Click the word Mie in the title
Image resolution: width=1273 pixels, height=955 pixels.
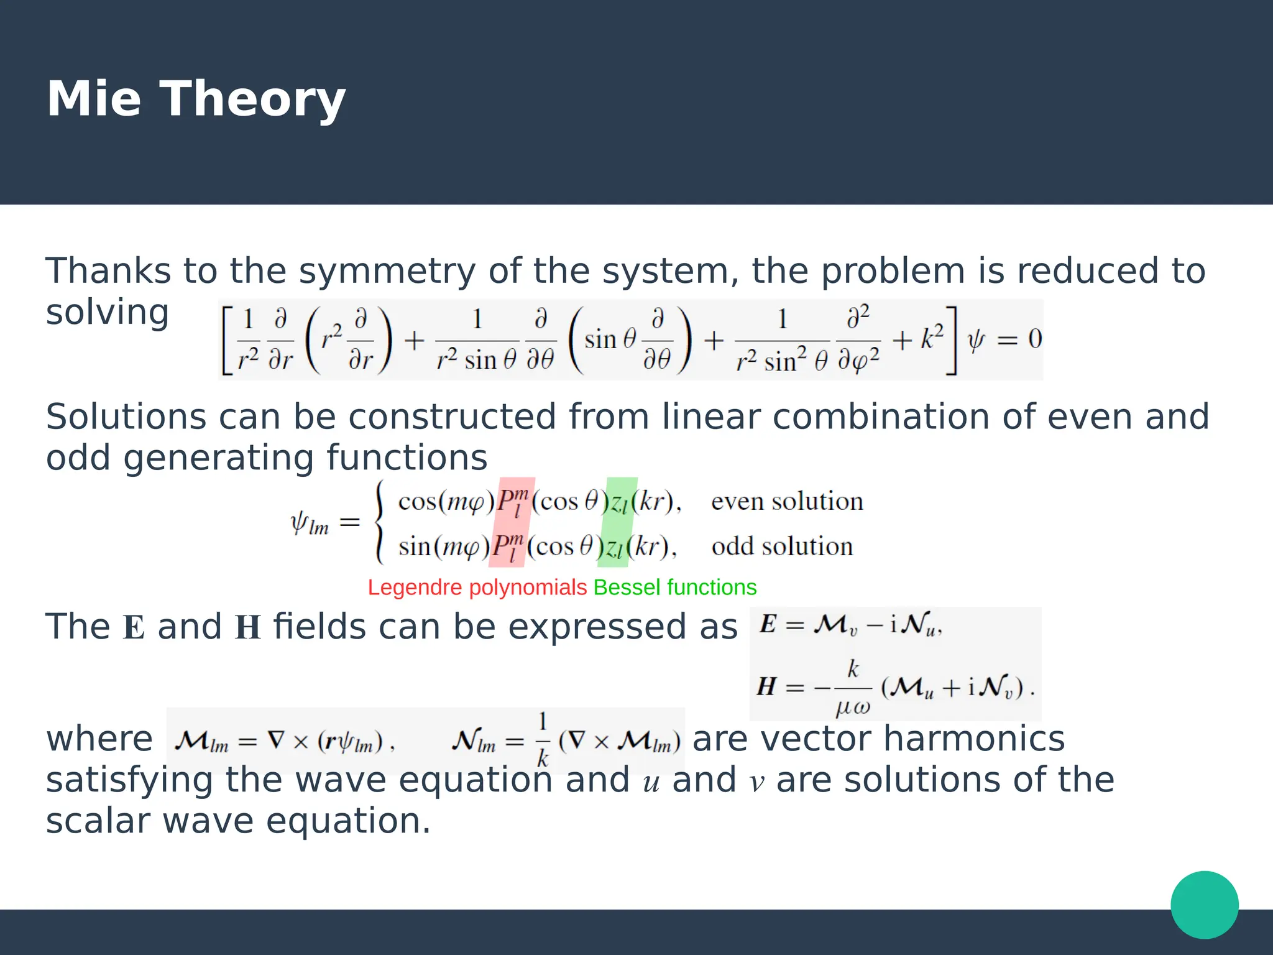coord(93,99)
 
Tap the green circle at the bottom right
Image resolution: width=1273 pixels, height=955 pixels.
coord(1204,905)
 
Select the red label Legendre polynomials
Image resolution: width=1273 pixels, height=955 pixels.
coord(477,588)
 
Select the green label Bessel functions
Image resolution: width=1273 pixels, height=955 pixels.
coord(675,588)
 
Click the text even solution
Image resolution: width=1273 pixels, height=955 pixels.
coord(787,501)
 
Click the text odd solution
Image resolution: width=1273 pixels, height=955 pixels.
coord(782,547)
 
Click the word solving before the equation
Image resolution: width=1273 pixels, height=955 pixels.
coord(107,312)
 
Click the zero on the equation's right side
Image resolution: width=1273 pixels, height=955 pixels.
coord(1034,339)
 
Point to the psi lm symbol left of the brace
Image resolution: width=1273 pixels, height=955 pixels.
coord(309,523)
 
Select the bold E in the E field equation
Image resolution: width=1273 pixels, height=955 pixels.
coord(768,624)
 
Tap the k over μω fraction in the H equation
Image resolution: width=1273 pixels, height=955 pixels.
coord(853,688)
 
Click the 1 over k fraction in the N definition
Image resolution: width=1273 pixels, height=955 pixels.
coord(543,740)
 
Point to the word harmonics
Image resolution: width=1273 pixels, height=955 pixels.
coord(973,739)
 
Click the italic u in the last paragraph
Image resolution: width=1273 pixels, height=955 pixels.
coord(651,783)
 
